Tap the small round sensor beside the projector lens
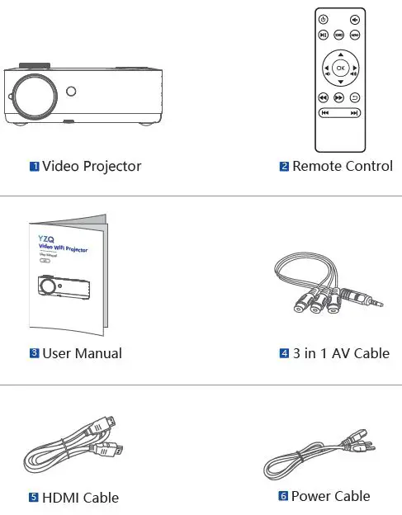72,92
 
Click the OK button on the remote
340,69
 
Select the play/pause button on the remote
324,35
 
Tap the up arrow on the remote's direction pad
340,54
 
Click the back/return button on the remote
355,97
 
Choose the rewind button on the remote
324,97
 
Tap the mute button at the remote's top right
355,19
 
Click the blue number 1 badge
35,167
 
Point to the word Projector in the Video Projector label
112,167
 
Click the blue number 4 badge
284,354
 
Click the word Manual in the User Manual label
99,354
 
